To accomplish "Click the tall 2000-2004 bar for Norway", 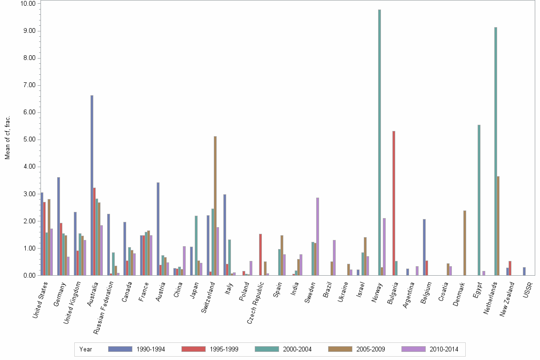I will (380, 142).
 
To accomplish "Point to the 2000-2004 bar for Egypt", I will (479, 200).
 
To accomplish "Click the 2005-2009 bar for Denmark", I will (465, 243).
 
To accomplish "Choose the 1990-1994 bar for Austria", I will (158, 229).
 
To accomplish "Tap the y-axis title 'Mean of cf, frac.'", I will (7, 138).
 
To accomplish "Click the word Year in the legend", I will (86, 349).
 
